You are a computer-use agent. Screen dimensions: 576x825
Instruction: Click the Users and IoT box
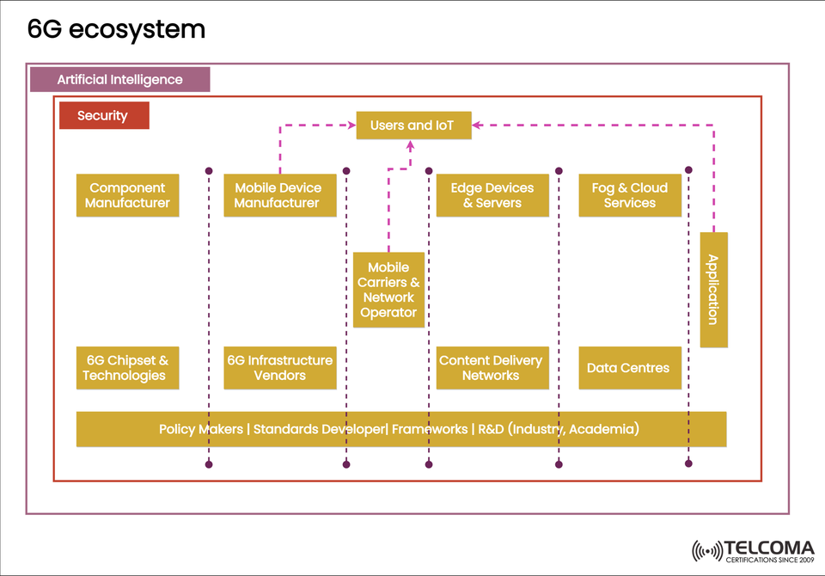click(413, 126)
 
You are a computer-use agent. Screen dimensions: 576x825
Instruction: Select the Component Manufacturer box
click(127, 195)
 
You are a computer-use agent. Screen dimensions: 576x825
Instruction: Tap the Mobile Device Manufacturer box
click(278, 195)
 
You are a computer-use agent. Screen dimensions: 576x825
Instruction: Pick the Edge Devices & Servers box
click(492, 195)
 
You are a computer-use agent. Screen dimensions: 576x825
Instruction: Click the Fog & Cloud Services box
click(630, 195)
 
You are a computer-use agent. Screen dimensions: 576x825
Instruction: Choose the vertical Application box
click(713, 290)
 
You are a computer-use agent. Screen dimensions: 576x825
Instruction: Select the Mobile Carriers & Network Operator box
click(388, 290)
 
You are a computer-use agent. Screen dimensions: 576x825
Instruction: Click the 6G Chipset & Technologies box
click(127, 368)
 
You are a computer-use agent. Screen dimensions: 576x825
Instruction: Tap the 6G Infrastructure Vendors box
click(278, 368)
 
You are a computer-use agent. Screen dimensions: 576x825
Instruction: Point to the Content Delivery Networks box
click(492, 368)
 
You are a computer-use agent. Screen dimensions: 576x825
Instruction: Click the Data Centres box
click(630, 368)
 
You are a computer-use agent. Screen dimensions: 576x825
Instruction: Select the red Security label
click(103, 115)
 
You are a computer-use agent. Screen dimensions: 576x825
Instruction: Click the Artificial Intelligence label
click(119, 79)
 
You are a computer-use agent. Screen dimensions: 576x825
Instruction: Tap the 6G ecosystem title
click(116, 29)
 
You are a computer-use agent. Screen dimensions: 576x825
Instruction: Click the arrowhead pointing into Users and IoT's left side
click(351, 126)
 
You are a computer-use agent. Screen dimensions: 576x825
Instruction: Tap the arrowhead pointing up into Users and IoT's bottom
click(411, 145)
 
